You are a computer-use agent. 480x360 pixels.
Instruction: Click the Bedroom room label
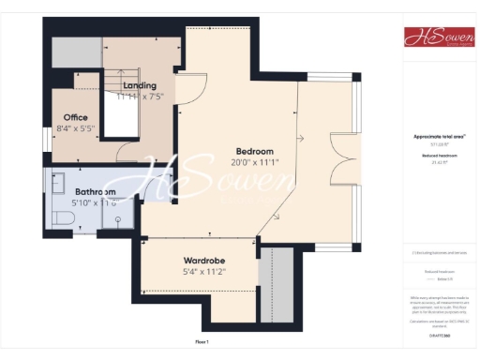coord(254,151)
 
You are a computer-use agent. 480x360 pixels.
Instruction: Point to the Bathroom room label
coord(96,192)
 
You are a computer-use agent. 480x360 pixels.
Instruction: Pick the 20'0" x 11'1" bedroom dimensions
coord(254,162)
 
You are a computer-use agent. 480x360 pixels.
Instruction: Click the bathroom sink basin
coord(56,180)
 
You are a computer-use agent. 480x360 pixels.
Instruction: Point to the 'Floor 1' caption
coord(202,342)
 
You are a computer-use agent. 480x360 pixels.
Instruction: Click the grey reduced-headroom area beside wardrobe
coord(277,272)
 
